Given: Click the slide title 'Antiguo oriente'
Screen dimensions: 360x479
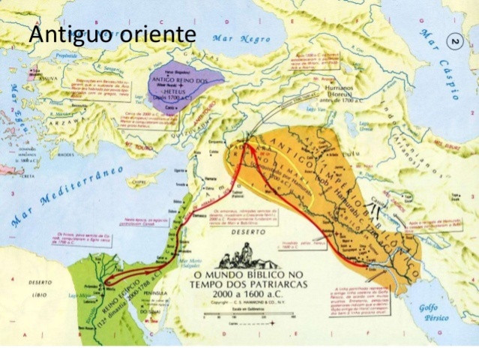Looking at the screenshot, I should (112, 35).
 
